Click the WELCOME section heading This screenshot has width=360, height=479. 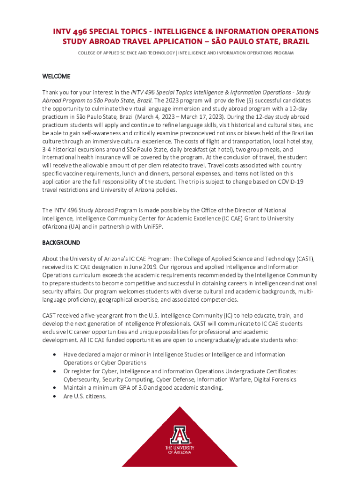click(x=56, y=76)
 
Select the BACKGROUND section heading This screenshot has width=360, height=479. click(x=61, y=243)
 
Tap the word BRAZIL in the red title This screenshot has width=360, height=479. click(x=294, y=42)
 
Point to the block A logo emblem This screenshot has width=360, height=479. click(x=180, y=435)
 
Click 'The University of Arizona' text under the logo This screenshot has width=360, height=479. click(x=180, y=450)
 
